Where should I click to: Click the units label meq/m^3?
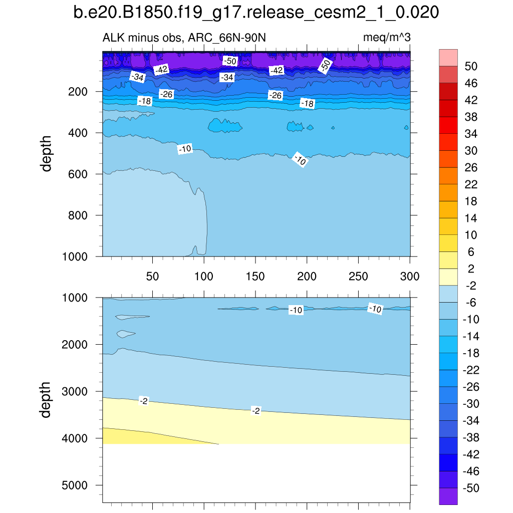(387, 38)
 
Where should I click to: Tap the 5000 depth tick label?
(75, 485)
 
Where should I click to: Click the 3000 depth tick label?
(75, 392)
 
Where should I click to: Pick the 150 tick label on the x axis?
(255, 277)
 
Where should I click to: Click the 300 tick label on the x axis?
(409, 277)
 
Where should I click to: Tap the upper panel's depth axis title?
(47, 153)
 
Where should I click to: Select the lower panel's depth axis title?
(47, 400)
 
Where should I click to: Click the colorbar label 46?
(471, 83)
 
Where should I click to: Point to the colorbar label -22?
(471, 370)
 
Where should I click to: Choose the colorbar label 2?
(471, 269)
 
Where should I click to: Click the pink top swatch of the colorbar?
(448, 57)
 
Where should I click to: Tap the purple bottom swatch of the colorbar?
(448, 496)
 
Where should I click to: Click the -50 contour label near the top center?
(230, 61)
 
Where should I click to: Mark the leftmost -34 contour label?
(137, 77)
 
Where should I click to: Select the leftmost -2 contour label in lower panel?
(144, 401)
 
